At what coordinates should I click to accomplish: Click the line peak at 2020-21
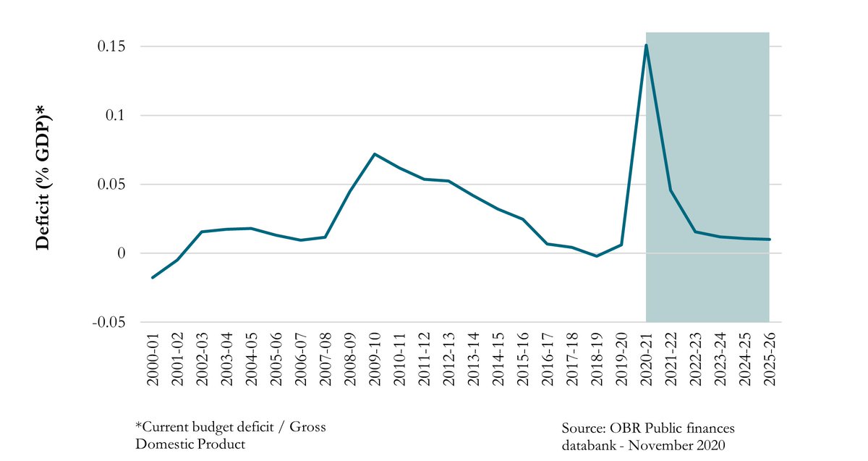[x=646, y=46]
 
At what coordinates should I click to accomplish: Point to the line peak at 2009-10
[x=374, y=153]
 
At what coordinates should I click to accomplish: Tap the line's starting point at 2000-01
[x=153, y=277]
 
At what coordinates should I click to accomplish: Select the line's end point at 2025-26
[x=769, y=240]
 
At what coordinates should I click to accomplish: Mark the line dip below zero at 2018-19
[x=596, y=256]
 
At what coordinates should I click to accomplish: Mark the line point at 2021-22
[x=671, y=190]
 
